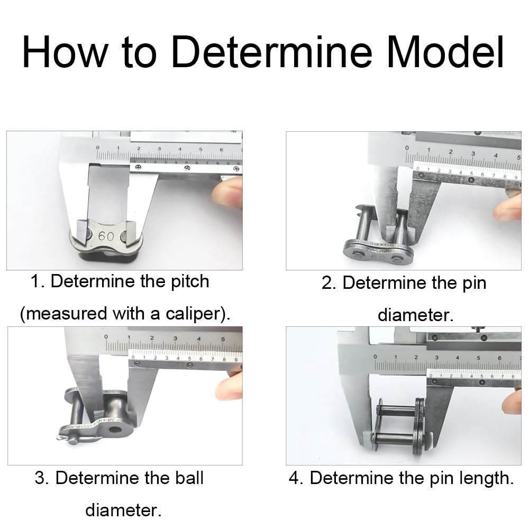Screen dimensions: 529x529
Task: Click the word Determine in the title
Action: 271,52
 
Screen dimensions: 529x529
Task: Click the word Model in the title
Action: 445,52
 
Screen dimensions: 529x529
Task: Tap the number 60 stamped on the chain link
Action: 106,236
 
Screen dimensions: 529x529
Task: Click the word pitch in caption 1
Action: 190,281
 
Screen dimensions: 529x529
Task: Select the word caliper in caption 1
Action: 194,314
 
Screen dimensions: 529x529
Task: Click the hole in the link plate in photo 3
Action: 115,430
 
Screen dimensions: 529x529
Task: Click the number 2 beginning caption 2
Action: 327,282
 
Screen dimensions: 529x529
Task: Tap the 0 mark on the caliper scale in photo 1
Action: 98,148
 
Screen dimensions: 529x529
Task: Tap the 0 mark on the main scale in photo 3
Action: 106,336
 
